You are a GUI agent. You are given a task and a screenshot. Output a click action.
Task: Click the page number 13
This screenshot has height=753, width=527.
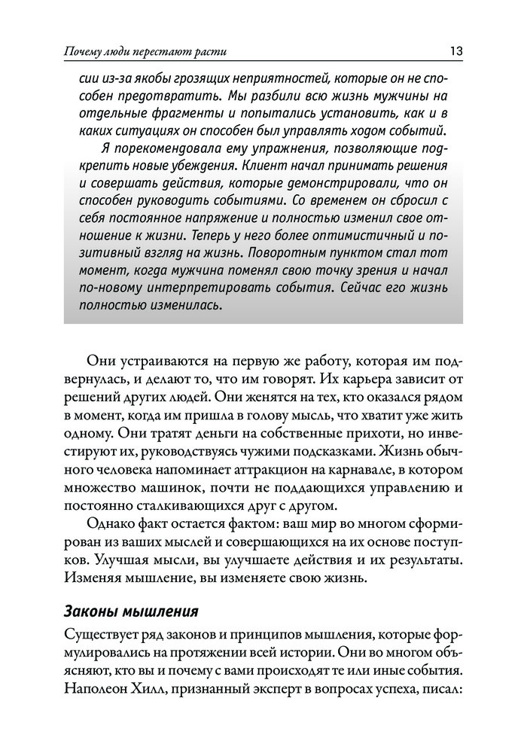(x=455, y=51)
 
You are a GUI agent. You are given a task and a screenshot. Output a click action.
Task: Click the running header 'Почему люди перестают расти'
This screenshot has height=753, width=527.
(x=145, y=52)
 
